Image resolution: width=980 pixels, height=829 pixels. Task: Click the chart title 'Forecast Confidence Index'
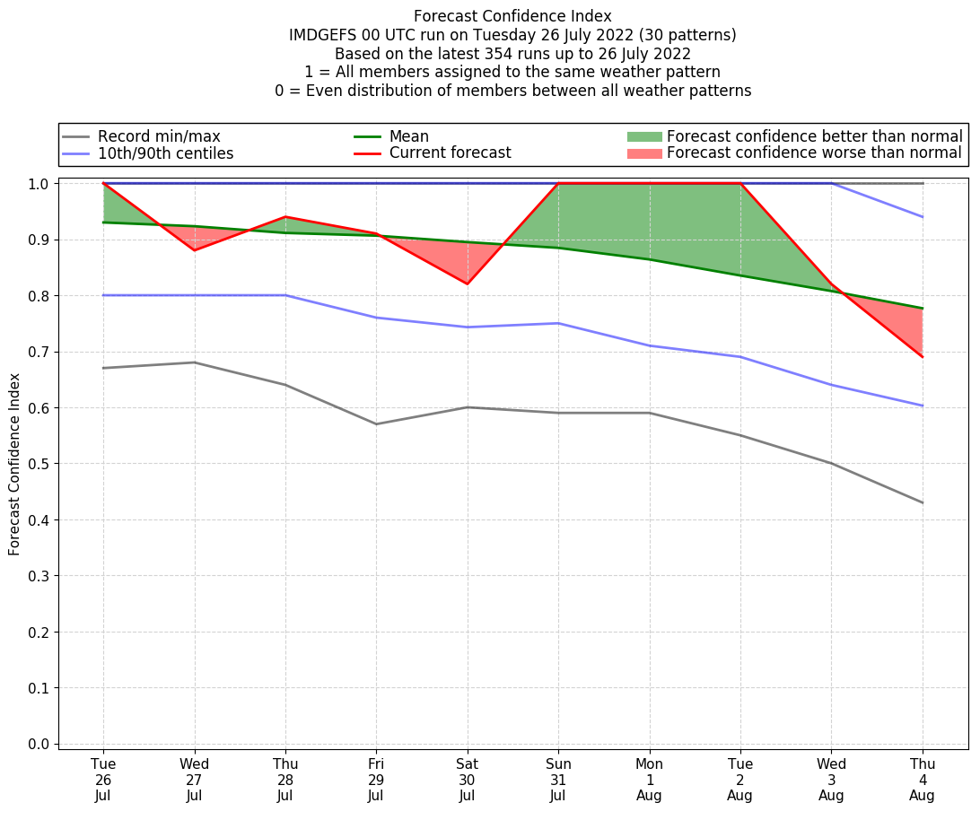(512, 16)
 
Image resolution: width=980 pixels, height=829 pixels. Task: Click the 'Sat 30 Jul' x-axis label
(467, 780)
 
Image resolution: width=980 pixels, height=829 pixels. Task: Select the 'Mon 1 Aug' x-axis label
(650, 780)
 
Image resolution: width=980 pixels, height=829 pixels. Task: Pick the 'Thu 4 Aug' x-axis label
(922, 780)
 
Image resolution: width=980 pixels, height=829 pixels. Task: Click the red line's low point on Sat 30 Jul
(467, 284)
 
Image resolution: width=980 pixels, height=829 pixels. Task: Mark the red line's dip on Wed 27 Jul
(195, 250)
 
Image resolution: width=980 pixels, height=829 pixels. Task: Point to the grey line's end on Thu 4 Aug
(923, 502)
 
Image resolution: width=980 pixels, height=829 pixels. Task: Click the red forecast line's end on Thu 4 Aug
(923, 357)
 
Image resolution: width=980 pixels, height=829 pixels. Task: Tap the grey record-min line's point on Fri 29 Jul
(376, 424)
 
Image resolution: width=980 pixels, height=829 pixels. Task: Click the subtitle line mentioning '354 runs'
(512, 54)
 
